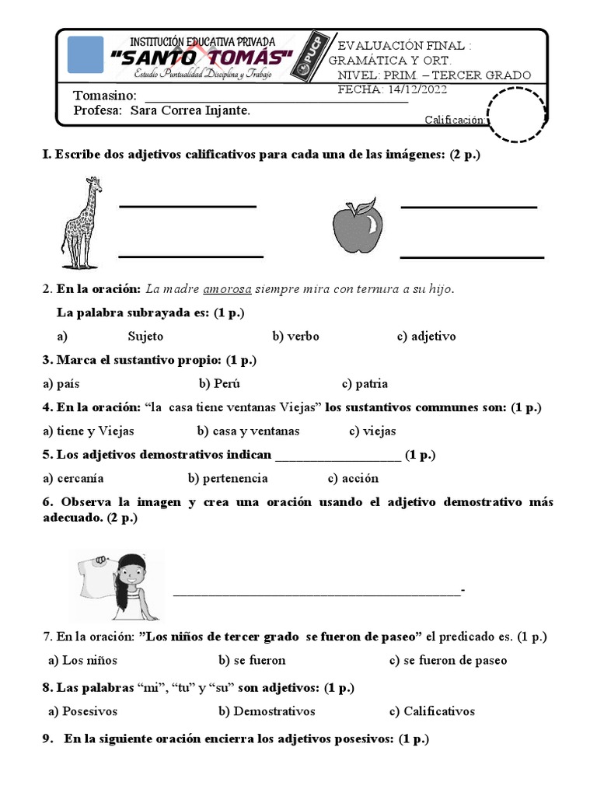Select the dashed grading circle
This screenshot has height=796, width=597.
pos(516,115)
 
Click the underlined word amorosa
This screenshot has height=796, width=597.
pos(227,289)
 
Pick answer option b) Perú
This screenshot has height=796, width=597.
pos(219,383)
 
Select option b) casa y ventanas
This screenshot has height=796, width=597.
pos(248,431)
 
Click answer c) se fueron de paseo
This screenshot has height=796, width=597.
pos(448,660)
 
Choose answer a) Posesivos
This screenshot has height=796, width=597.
pos(82,711)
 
